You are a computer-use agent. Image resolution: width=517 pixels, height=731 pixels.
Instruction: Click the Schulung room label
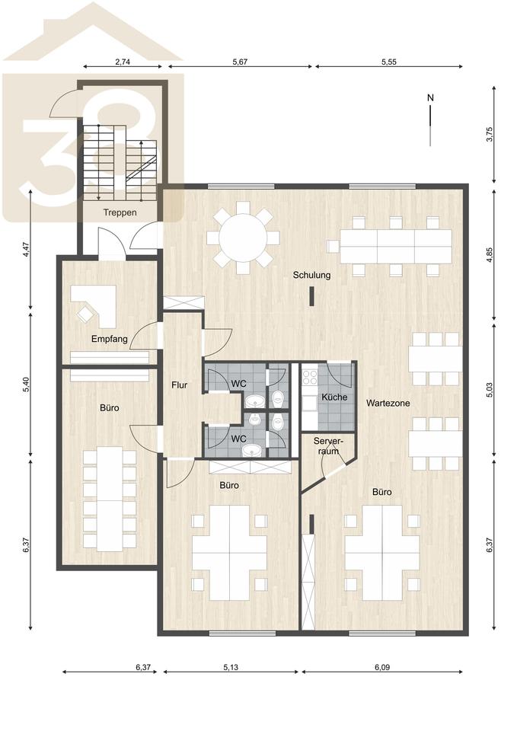tap(311, 275)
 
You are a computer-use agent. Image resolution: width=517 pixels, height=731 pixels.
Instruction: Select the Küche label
tap(334, 397)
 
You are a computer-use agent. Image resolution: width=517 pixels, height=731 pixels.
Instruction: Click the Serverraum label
tap(328, 446)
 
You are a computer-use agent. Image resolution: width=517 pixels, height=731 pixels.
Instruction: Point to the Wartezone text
tap(388, 403)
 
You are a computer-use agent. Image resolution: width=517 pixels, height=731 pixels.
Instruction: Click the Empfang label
tap(109, 339)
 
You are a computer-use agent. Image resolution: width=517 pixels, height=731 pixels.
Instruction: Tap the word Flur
tap(180, 385)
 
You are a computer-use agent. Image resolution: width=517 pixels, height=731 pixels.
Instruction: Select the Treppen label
tap(120, 212)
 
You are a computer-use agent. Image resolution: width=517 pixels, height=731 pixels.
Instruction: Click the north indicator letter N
tap(430, 98)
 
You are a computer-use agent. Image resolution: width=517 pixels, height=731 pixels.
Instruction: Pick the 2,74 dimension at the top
tap(122, 62)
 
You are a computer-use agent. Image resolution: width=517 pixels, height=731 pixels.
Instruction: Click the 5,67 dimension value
tap(240, 62)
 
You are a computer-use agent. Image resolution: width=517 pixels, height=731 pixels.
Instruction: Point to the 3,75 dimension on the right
tap(489, 134)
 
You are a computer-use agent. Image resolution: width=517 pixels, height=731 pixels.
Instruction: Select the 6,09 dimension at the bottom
tap(381, 667)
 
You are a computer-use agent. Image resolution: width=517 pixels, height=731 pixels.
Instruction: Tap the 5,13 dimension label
tap(231, 667)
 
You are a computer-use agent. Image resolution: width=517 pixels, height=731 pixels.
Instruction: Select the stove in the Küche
tap(310, 377)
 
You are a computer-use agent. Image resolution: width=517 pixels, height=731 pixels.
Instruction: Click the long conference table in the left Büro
tap(110, 498)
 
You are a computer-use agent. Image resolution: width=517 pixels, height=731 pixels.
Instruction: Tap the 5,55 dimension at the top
tap(389, 62)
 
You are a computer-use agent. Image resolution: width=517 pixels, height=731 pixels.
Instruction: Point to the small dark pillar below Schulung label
tap(311, 297)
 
